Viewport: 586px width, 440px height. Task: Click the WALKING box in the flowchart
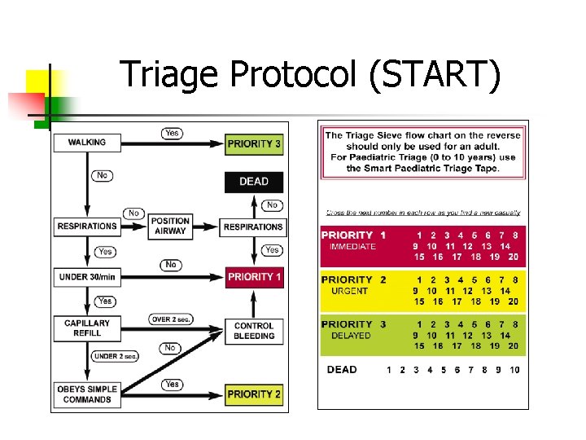point(87,143)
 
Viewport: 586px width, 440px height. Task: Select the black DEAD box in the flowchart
point(254,182)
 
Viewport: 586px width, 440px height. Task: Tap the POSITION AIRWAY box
point(170,226)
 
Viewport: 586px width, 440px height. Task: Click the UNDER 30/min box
point(87,277)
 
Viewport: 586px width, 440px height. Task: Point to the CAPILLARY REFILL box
point(87,328)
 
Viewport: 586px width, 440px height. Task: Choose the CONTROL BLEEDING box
point(254,331)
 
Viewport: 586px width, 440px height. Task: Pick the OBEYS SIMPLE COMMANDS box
point(87,394)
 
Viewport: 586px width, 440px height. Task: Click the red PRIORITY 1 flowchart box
point(254,277)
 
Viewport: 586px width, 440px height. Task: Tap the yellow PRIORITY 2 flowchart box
point(254,394)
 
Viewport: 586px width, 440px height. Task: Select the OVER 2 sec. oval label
point(171,319)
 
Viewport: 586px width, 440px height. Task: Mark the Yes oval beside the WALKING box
point(172,133)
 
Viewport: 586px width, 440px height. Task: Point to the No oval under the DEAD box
point(272,205)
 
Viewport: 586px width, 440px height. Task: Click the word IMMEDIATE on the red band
point(352,246)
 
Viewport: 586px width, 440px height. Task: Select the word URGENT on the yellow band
point(350,291)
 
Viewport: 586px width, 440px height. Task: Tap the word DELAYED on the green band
point(350,335)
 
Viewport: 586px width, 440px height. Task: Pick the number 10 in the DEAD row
point(514,370)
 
